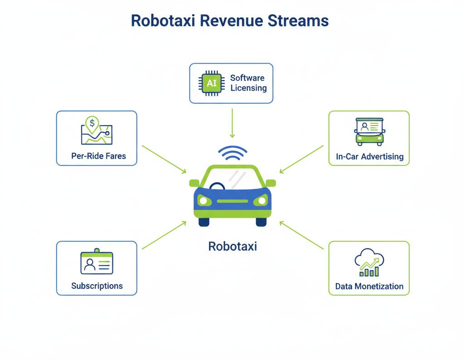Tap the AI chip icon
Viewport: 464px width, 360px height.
pos(211,83)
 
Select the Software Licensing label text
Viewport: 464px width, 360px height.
pos(248,83)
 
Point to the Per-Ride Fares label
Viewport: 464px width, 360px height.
pos(98,156)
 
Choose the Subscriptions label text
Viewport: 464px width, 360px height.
pos(97,286)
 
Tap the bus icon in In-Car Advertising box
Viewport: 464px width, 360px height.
pos(369,131)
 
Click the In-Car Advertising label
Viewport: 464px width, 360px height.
pos(370,157)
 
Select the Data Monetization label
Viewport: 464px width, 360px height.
pos(369,287)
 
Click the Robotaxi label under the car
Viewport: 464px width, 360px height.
pos(232,246)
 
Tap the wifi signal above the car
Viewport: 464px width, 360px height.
pos(232,153)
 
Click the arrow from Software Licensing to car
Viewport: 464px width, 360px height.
pos(232,122)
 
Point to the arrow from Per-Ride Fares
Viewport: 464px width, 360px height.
pos(164,159)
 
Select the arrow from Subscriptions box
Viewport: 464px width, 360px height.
pos(164,235)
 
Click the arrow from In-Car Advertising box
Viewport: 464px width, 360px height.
pos(301,159)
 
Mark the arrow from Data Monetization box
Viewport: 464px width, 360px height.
pos(301,235)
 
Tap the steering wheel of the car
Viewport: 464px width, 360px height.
pos(217,186)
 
